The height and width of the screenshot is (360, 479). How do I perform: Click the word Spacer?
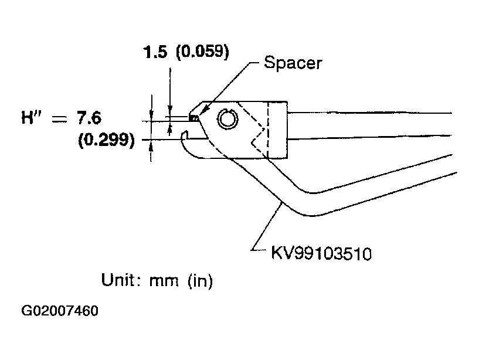tap(293, 63)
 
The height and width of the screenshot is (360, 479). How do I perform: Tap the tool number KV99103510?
tap(321, 253)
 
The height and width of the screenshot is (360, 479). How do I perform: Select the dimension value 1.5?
tap(155, 52)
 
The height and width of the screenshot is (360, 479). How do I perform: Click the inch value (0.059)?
tap(202, 52)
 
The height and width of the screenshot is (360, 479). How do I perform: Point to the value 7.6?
tap(89, 118)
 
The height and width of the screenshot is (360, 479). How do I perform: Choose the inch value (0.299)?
tap(106, 140)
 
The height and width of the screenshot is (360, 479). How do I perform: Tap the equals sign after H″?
tap(59, 120)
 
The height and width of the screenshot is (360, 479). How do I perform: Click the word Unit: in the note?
tap(121, 280)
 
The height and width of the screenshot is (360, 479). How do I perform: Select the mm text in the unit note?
tap(164, 281)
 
